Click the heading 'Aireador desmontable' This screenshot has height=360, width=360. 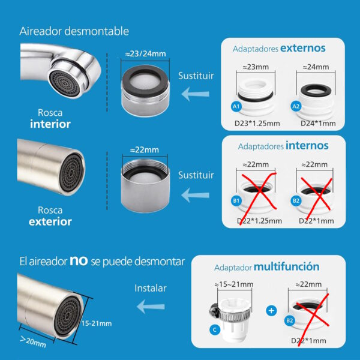tap(74, 31)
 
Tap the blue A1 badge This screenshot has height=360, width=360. tap(236, 106)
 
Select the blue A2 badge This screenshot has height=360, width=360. tap(295, 106)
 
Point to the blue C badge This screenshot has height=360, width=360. tap(214, 329)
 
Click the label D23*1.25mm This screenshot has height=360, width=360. tap(257, 124)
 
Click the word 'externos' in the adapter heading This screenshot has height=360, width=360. tap(302, 47)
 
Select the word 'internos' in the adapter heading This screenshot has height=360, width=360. tap(307, 145)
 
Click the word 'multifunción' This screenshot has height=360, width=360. tap(286, 266)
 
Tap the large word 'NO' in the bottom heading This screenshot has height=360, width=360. tap(80, 261)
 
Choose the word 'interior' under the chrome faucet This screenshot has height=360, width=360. tap(50, 124)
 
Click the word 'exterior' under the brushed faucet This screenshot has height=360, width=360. tap(50, 221)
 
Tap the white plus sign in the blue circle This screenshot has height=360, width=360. tap(271, 311)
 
